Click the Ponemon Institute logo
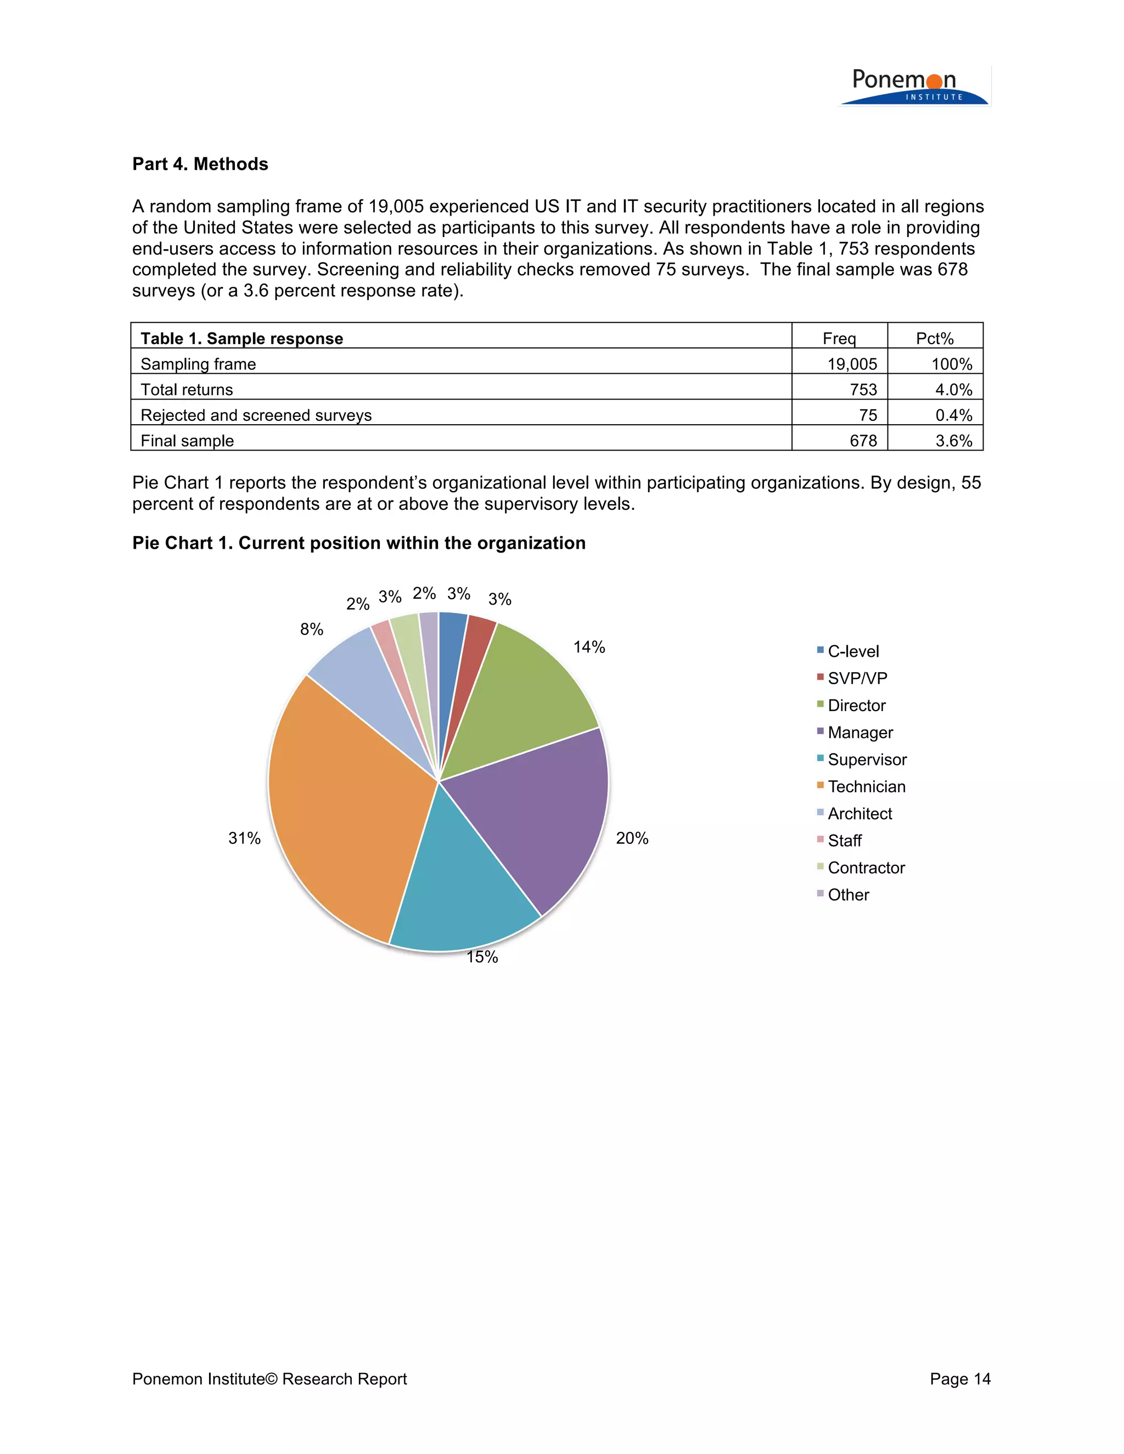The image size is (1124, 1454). coord(914,87)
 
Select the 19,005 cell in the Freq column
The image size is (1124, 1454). coord(852,364)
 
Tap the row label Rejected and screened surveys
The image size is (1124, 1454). coord(256,415)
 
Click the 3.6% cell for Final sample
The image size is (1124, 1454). coord(953,441)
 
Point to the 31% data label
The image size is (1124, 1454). coord(244,838)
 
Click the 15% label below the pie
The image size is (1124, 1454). coord(482,957)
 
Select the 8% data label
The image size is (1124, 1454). coord(311,629)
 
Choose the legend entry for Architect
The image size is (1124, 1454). coord(859,814)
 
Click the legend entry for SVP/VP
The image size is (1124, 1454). coord(857,678)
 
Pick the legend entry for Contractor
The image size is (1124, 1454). coord(866,867)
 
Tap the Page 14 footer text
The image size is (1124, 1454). coord(959,1379)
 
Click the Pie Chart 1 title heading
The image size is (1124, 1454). coord(358,543)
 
